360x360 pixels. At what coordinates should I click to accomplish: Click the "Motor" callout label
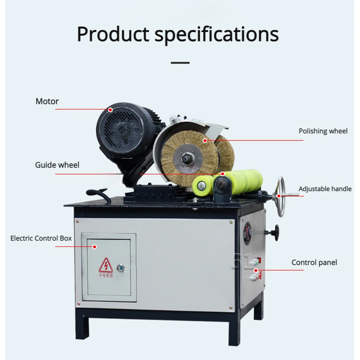(x=47, y=101)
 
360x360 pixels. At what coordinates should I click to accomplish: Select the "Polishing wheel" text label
(x=323, y=131)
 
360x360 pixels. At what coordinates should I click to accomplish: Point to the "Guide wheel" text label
(x=57, y=165)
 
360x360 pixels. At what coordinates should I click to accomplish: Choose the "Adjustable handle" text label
(x=325, y=189)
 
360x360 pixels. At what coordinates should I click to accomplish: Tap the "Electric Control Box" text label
(x=41, y=238)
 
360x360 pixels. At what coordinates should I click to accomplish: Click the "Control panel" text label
(x=314, y=262)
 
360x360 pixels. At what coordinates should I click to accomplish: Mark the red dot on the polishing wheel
(x=204, y=141)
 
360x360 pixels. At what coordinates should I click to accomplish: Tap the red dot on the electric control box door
(x=95, y=246)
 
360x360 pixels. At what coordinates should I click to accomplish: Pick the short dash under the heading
(x=180, y=63)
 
